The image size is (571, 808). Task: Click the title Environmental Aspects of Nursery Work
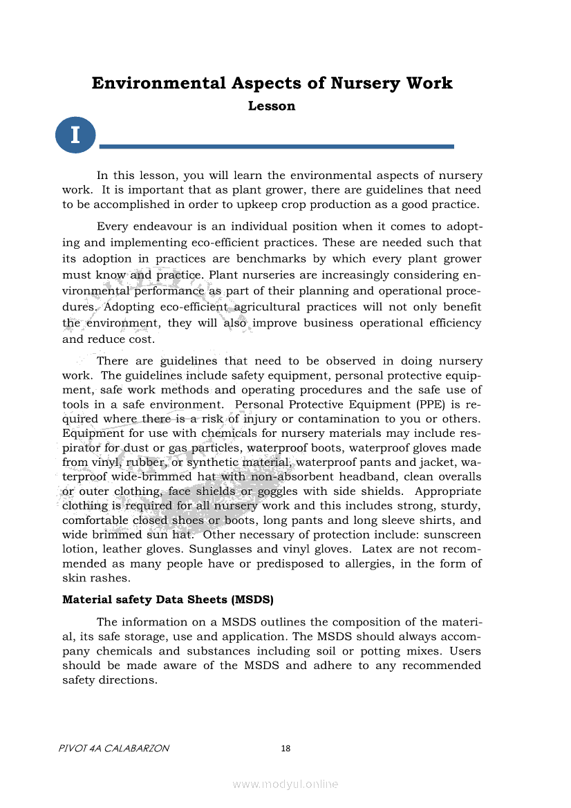click(272, 84)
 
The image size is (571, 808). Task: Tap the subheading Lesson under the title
click(272, 106)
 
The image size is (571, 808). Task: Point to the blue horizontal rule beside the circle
click(277, 147)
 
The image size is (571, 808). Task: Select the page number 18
click(285, 749)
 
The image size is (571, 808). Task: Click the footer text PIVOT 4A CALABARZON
click(115, 749)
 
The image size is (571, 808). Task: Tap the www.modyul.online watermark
click(285, 784)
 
